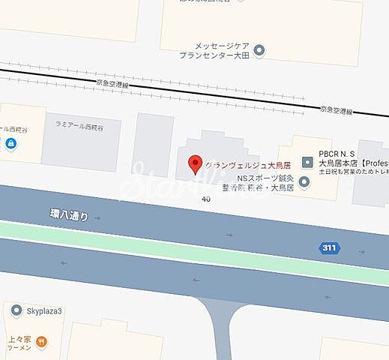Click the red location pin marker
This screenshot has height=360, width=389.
[x=196, y=163]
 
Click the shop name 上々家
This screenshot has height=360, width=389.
[x=20, y=338]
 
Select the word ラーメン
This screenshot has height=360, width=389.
[x=20, y=348]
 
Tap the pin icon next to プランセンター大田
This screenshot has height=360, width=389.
[x=259, y=51]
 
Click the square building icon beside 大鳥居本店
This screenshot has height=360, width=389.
[x=307, y=162]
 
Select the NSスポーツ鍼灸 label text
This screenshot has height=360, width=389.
[x=265, y=178]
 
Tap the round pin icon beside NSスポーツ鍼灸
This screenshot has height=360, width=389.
[x=304, y=181]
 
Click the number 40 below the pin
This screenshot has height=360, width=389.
[x=205, y=199]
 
